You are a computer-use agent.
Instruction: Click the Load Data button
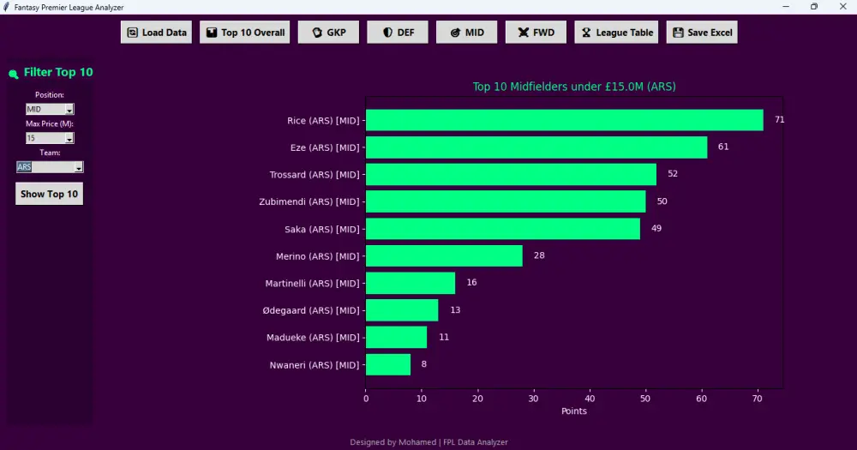point(156,33)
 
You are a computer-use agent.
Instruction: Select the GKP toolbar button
point(328,33)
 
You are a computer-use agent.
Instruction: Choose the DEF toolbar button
point(398,33)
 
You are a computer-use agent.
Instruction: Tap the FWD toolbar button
point(536,33)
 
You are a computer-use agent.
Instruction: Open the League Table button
point(616,33)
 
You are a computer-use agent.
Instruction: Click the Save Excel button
point(702,33)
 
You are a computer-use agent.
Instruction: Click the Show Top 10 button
point(49,194)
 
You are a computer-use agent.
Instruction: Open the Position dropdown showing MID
point(50,110)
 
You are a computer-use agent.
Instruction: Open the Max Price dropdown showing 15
point(50,138)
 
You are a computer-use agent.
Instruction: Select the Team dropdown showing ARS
point(50,167)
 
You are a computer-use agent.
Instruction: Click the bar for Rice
point(565,120)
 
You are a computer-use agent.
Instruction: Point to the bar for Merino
point(444,256)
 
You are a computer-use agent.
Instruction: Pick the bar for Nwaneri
point(388,364)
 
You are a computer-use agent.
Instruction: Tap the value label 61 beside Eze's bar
point(723,147)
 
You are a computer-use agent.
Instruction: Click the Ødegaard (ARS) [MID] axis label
point(311,310)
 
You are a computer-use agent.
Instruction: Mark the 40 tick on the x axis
point(590,399)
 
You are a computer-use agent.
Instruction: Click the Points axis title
point(574,411)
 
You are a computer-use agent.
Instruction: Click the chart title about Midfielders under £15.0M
point(574,87)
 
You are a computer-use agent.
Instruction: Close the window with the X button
point(842,7)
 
